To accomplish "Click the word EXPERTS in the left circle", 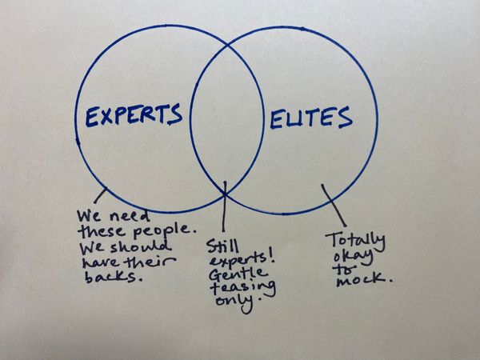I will pyautogui.click(x=134, y=117).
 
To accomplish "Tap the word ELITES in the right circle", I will pyautogui.click(x=310, y=119).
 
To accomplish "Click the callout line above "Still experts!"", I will pyautogui.click(x=226, y=210).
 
